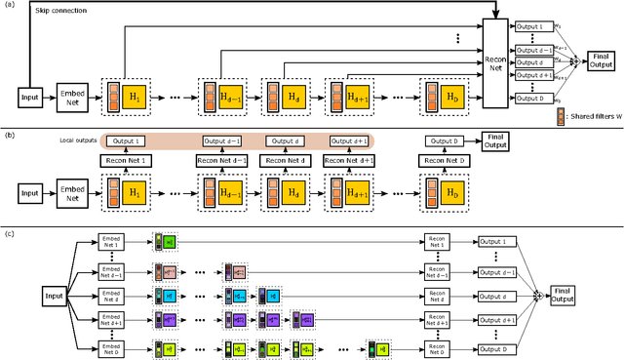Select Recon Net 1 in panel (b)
click(127, 160)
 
